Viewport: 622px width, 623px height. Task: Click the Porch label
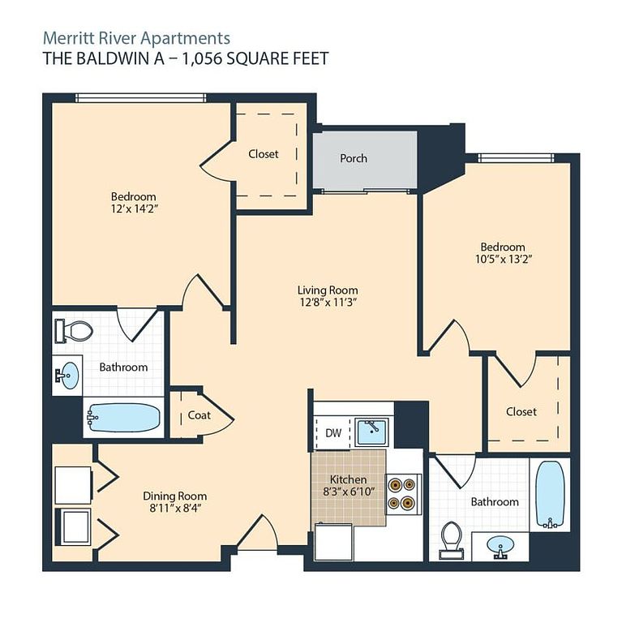(354, 158)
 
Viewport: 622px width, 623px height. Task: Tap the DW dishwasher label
(333, 432)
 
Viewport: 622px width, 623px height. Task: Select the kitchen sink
(371, 432)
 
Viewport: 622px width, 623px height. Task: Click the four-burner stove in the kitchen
(403, 494)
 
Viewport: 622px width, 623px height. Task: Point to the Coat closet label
(199, 415)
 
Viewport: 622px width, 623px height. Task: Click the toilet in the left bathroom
(75, 331)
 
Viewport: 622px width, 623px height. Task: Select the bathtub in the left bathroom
(123, 418)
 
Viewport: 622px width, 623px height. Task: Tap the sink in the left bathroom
(67, 375)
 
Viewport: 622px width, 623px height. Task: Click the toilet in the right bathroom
(452, 540)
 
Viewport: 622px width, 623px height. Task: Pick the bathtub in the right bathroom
(550, 495)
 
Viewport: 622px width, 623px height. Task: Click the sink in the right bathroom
(500, 546)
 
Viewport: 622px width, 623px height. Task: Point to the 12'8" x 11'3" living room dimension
(328, 303)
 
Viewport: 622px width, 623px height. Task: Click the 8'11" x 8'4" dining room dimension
(175, 508)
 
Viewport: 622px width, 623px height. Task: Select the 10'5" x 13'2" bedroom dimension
(504, 260)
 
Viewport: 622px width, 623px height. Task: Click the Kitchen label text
(348, 479)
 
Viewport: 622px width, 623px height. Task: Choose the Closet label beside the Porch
(264, 154)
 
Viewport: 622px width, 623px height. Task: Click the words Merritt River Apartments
(136, 39)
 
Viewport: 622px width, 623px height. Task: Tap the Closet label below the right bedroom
(521, 411)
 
